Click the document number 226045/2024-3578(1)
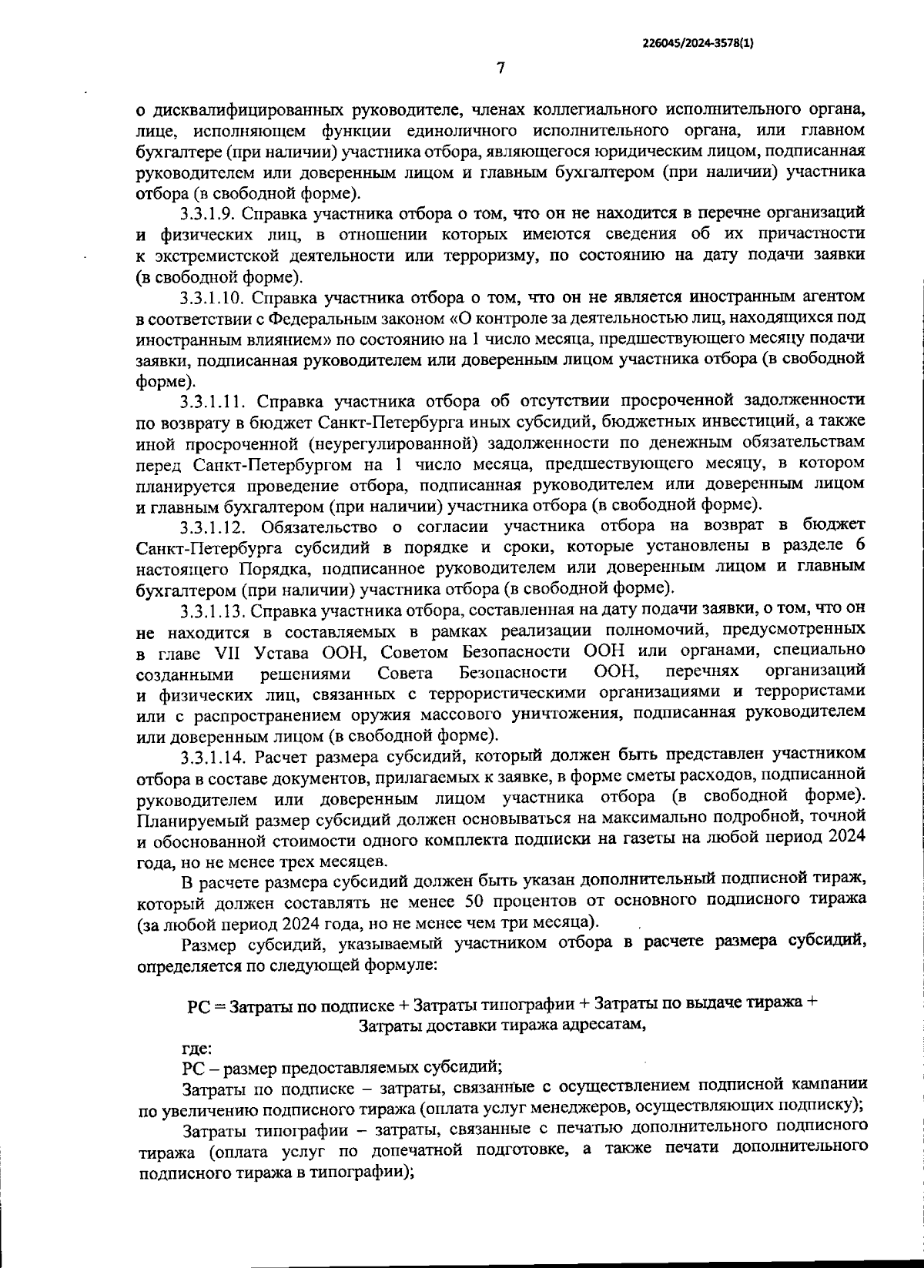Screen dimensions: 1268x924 (698, 44)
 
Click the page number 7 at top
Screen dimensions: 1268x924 (500, 69)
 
